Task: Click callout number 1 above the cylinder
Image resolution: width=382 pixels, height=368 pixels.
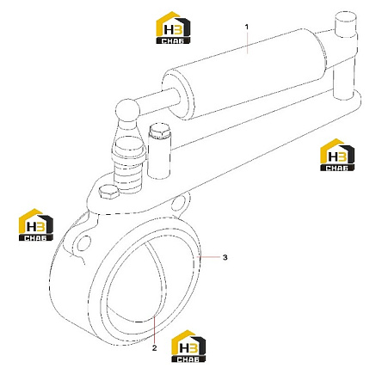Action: pyautogui.click(x=247, y=27)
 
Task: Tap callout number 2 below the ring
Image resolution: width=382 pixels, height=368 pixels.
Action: pyautogui.click(x=155, y=348)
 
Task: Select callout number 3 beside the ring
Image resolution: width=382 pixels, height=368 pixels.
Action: pyautogui.click(x=225, y=257)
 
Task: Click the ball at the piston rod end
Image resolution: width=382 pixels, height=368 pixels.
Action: pyautogui.click(x=127, y=110)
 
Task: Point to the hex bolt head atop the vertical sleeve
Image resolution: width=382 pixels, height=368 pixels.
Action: pyautogui.click(x=160, y=131)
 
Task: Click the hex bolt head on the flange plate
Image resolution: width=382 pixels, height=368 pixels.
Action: pyautogui.click(x=108, y=192)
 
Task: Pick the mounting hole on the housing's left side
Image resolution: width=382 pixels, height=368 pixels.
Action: pyautogui.click(x=83, y=243)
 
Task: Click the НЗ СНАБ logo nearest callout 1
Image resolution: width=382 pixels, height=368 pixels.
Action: pyautogui.click(x=173, y=28)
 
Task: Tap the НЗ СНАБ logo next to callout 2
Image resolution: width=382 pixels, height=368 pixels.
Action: pyautogui.click(x=188, y=347)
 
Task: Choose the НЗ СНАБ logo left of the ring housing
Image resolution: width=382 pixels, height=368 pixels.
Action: pyautogui.click(x=36, y=224)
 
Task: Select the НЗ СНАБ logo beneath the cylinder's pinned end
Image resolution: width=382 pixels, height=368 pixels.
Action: pyautogui.click(x=337, y=155)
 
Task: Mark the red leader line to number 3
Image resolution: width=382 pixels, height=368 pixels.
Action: pyautogui.click(x=210, y=257)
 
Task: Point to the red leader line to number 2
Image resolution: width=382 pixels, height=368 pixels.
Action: pyautogui.click(x=154, y=328)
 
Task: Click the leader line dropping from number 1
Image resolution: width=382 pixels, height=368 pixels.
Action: pyautogui.click(x=247, y=42)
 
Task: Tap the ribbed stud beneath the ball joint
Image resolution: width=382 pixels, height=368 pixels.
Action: pyautogui.click(x=128, y=166)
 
